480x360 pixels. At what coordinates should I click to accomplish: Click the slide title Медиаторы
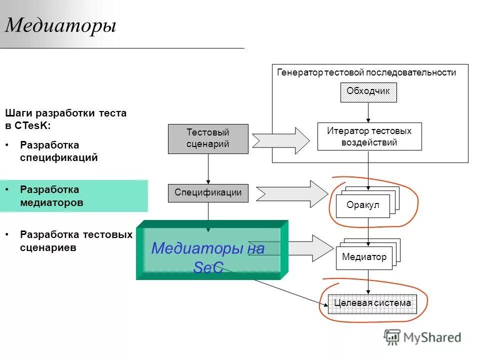coord(60,25)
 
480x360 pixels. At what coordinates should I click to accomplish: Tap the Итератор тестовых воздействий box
coord(369,136)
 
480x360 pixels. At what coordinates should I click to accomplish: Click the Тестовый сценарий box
coord(207,138)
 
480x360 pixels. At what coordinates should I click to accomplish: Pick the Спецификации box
coord(207,192)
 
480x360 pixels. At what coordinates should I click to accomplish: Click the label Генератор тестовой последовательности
coord(366,72)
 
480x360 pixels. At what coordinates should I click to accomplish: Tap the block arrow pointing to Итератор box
coord(281,140)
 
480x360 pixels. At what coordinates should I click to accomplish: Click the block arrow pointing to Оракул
coord(293,193)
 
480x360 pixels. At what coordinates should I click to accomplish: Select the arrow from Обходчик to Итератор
coord(368,112)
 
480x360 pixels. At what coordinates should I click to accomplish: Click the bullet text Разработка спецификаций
coord(59,151)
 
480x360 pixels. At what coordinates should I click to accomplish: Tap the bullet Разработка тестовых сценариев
coord(76,241)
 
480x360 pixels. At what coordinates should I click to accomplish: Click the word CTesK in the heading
coord(32,126)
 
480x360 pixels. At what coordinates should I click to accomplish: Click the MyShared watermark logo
coord(422,337)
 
